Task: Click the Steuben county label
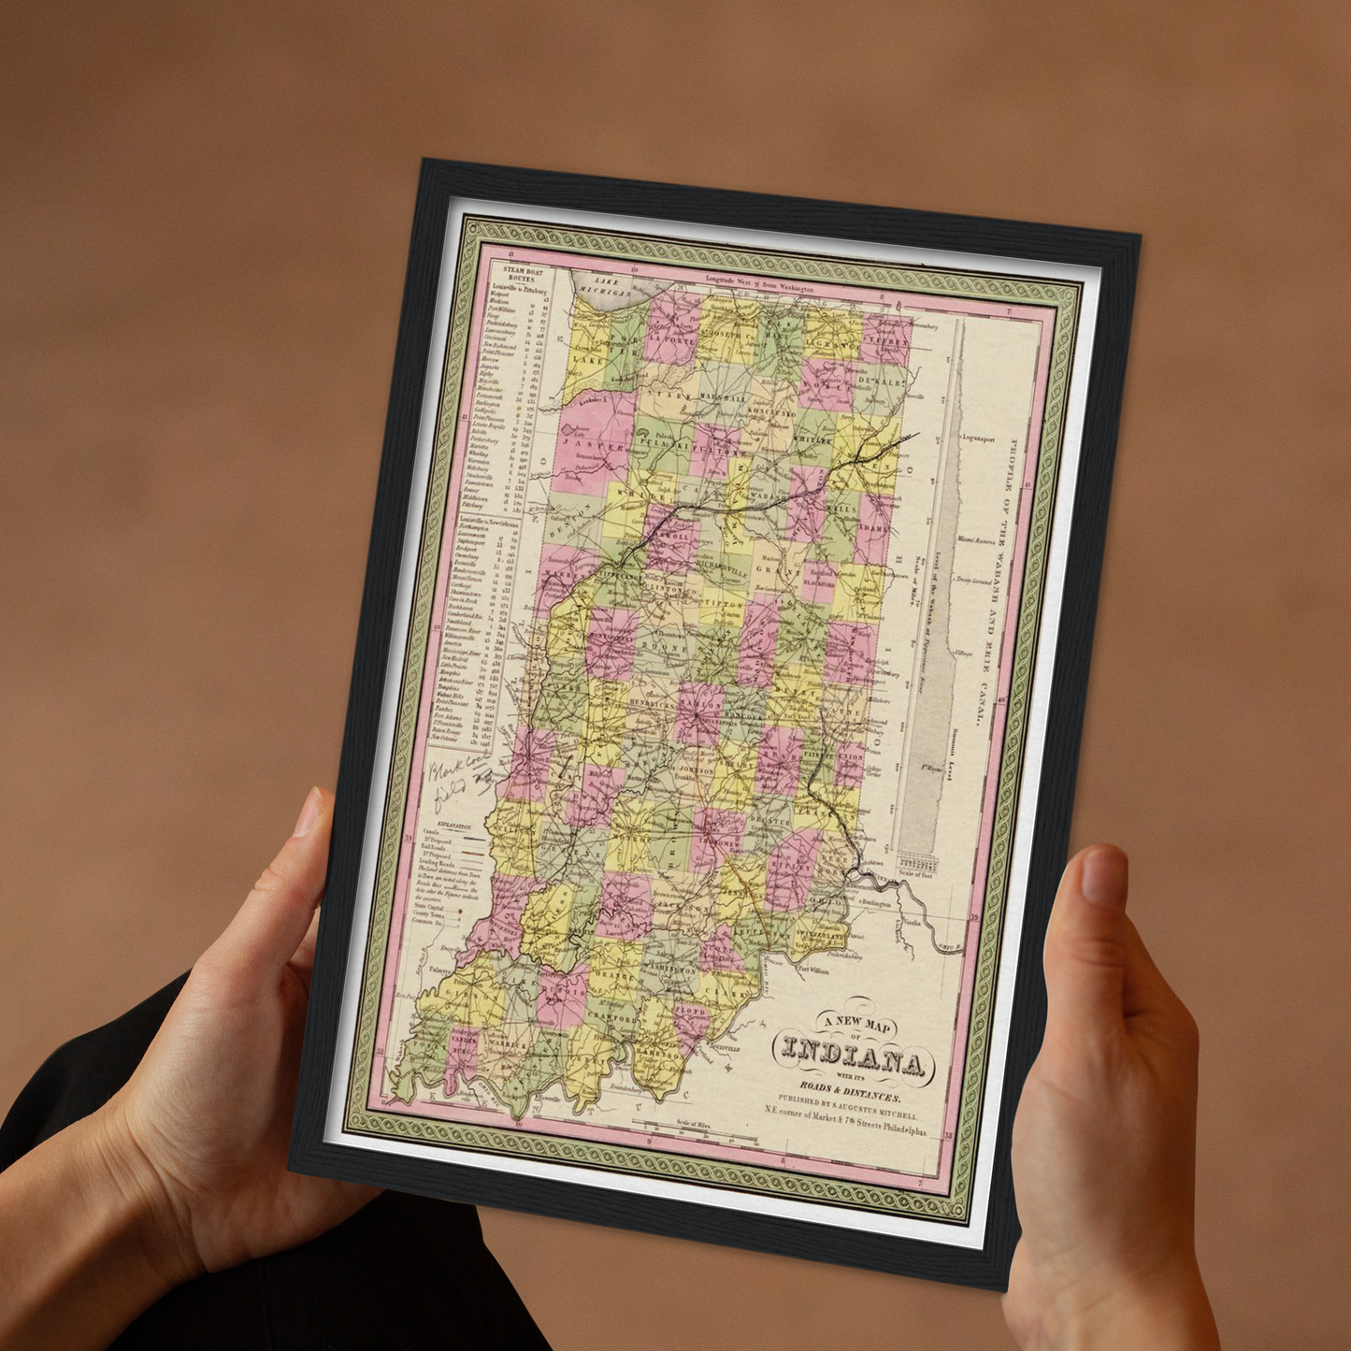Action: [884, 341]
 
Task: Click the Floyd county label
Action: [691, 1013]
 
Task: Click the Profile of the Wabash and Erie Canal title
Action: [998, 580]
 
